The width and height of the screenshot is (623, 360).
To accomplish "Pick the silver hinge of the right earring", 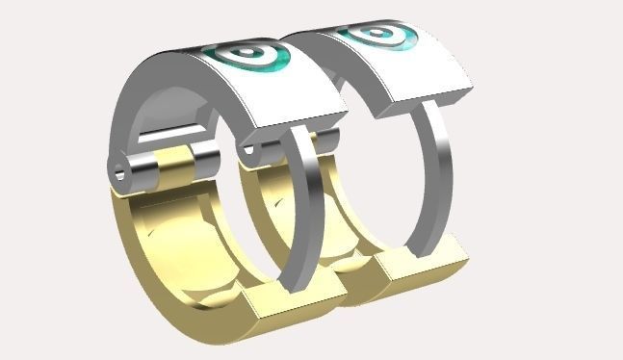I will (x=265, y=149).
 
